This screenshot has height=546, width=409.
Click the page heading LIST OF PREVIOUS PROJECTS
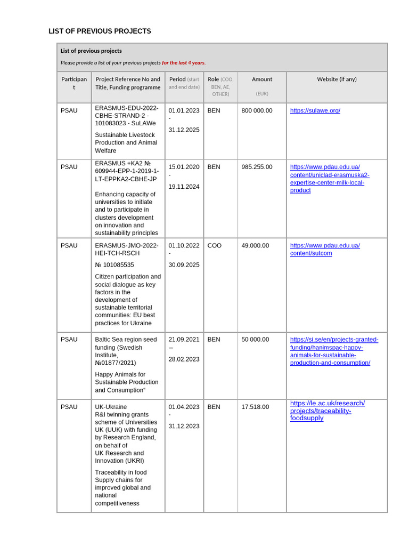[100, 31]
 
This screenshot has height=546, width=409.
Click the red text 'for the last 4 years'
[183, 63]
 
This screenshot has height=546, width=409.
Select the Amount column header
[262, 79]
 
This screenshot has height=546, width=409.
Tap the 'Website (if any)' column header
[337, 79]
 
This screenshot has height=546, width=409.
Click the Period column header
[177, 79]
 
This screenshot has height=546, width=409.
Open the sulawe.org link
[315, 111]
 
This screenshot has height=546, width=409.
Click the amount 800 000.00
[257, 111]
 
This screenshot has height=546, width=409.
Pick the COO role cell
[214, 246]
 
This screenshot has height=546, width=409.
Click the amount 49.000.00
[255, 246]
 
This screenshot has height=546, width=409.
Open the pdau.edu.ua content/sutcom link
[324, 250]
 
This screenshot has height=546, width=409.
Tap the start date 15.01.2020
[184, 167]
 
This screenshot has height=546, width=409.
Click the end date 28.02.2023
[184, 359]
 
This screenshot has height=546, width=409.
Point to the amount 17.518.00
[255, 407]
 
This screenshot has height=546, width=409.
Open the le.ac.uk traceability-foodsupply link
[327, 411]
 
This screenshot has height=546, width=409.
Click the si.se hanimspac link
[334, 351]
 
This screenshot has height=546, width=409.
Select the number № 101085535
[114, 265]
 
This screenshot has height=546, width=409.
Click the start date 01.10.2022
[184, 246]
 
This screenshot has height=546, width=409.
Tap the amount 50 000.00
[255, 340]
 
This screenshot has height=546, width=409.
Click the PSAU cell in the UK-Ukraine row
[69, 407]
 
